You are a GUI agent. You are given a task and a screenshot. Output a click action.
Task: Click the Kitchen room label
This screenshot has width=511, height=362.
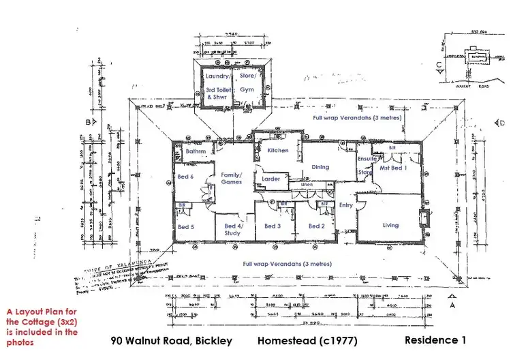pos(277,150)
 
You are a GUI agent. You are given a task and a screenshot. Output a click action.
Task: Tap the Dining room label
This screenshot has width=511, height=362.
pos(320,167)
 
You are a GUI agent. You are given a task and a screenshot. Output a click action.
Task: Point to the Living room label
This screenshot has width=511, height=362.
pos(390,226)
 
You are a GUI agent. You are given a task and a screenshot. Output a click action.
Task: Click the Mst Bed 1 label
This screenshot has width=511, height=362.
pos(394,167)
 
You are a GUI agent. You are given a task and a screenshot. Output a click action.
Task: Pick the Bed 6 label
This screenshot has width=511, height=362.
pos(185,177)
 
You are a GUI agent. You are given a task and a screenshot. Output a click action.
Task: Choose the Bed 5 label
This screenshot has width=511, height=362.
pos(185,227)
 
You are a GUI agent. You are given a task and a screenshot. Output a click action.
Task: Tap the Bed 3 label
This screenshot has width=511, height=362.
pos(273,226)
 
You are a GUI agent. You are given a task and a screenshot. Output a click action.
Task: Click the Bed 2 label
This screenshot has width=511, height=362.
pos(316,226)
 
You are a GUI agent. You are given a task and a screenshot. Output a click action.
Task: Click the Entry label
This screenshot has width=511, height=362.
pos(346,205)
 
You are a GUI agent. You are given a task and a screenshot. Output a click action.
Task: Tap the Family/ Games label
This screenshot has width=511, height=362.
pos(232,179)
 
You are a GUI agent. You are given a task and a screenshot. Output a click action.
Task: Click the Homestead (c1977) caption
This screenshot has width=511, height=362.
pos(307,340)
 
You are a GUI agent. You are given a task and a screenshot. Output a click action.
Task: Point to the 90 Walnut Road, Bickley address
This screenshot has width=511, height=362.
pos(171,340)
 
